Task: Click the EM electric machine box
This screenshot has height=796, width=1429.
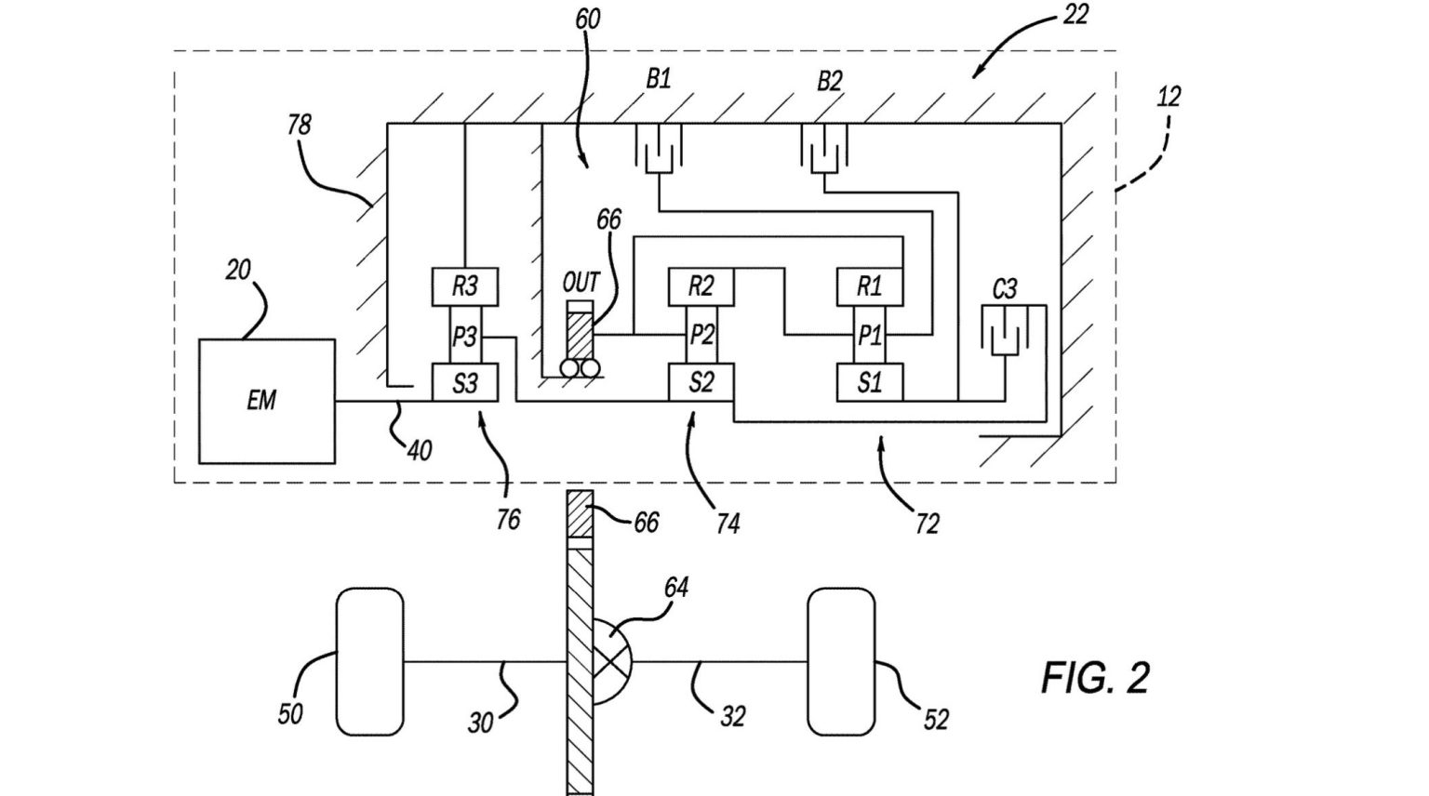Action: click(x=266, y=401)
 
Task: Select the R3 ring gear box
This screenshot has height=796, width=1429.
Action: click(x=464, y=286)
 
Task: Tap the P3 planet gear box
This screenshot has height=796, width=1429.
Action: click(x=464, y=336)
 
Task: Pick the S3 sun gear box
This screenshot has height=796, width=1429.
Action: click(x=464, y=382)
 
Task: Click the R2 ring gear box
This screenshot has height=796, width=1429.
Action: click(x=701, y=286)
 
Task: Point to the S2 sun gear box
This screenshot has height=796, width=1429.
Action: click(x=701, y=382)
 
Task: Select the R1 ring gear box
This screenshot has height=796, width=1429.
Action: click(x=869, y=286)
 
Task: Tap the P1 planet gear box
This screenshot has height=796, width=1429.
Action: click(x=869, y=336)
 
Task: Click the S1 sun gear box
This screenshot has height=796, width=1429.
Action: click(x=869, y=382)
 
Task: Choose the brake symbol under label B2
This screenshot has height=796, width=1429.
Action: click(x=824, y=149)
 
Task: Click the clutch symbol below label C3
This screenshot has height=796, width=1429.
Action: click(x=1005, y=330)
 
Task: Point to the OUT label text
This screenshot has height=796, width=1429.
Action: click(x=581, y=282)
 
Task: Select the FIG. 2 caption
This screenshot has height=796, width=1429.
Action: click(x=1095, y=677)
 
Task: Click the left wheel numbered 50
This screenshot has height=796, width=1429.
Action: click(x=369, y=661)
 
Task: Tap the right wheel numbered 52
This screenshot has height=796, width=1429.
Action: click(x=841, y=661)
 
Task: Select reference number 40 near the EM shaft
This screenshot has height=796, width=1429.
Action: click(x=420, y=450)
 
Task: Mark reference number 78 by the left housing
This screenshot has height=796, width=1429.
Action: click(x=299, y=124)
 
